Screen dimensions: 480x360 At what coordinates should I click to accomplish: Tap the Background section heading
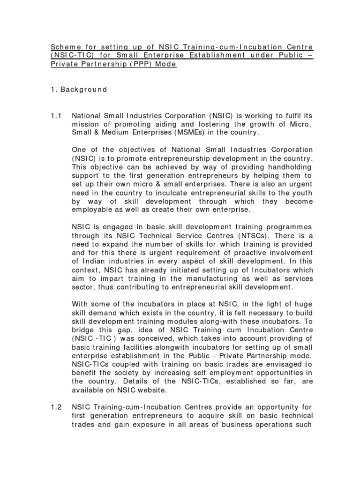(83, 90)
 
